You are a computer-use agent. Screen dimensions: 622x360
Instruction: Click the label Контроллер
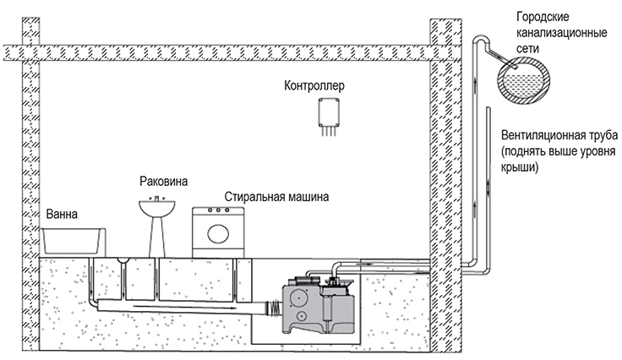(x=314, y=85)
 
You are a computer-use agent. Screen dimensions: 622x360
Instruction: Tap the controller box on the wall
(x=329, y=112)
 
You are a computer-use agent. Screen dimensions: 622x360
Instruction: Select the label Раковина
(x=163, y=182)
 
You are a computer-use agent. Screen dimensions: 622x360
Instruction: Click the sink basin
(x=157, y=209)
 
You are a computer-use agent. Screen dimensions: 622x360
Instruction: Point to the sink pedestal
(x=157, y=237)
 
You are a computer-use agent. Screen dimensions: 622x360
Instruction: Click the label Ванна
(x=62, y=215)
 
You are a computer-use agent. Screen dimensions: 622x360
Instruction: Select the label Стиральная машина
(x=276, y=197)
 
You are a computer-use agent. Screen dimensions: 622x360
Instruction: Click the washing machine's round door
(x=218, y=234)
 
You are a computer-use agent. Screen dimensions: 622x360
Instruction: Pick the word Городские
(x=543, y=17)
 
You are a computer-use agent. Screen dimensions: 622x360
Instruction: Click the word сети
(x=527, y=48)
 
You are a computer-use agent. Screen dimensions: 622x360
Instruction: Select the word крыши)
(x=520, y=167)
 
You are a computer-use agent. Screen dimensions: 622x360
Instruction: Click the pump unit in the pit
(x=318, y=303)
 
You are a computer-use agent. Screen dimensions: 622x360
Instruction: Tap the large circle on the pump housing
(x=299, y=298)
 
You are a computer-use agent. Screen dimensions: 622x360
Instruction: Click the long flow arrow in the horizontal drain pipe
(x=185, y=307)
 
